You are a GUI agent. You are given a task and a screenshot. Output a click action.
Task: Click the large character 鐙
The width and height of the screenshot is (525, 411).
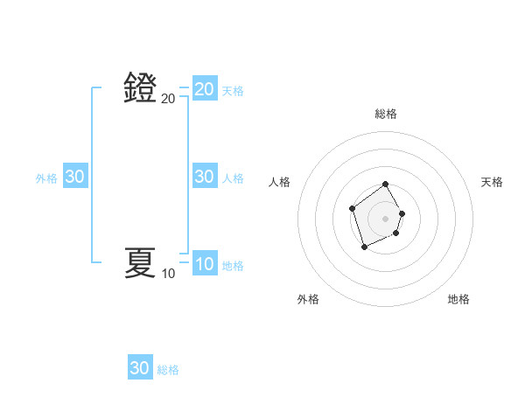click(140, 88)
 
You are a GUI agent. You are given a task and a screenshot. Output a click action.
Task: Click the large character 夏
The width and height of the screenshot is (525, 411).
click(140, 261)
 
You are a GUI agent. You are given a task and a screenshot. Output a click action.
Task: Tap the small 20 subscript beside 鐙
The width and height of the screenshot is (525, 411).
click(168, 100)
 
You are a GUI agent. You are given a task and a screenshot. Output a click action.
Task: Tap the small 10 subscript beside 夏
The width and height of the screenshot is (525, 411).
click(168, 274)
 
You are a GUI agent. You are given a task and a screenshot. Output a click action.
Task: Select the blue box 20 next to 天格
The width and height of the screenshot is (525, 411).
click(204, 89)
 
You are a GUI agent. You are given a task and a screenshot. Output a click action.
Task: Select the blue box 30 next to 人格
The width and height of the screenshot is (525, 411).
click(204, 177)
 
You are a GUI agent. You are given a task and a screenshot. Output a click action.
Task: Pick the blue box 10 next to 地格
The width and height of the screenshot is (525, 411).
click(204, 264)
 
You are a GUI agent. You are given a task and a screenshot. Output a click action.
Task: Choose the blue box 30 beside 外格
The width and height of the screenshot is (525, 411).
click(74, 177)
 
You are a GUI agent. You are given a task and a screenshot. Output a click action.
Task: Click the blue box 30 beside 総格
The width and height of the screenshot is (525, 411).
click(139, 368)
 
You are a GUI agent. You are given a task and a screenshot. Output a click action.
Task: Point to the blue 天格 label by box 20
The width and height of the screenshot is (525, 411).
click(233, 91)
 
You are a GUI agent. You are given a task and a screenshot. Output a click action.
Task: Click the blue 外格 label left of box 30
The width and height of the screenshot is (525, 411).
click(46, 178)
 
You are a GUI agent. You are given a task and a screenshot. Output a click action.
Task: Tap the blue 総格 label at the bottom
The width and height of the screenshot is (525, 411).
click(168, 370)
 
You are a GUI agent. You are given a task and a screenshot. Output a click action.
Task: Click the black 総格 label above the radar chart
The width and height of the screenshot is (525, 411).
click(386, 114)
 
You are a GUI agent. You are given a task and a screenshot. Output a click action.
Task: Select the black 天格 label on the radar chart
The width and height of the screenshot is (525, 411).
click(492, 182)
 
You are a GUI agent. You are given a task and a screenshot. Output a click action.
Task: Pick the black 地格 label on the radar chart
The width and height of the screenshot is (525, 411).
click(458, 299)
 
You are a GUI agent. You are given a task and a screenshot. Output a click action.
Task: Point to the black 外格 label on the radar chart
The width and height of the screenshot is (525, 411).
click(308, 299)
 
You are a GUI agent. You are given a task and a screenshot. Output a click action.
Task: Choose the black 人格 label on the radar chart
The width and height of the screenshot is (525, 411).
click(279, 182)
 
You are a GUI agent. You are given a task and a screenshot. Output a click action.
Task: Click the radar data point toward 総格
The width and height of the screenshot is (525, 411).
click(386, 185)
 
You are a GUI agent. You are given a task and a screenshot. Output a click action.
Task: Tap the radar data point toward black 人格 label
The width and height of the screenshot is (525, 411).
click(352, 208)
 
